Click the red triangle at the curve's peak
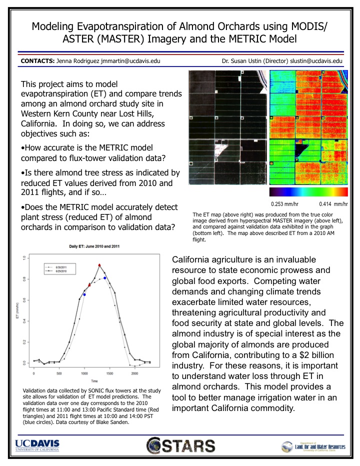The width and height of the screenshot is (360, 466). [99, 265]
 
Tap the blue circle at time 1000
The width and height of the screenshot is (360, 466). [84, 294]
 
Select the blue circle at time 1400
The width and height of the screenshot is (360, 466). [105, 278]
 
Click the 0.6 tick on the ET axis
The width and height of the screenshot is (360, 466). [23, 299]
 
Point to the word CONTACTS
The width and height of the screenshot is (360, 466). [36, 61]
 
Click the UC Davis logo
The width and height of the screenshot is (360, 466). [37, 445]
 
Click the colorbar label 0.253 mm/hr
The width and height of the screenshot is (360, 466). [283, 203]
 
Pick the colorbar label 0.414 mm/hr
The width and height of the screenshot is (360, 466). [333, 203]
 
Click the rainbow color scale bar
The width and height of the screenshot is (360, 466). [308, 192]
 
